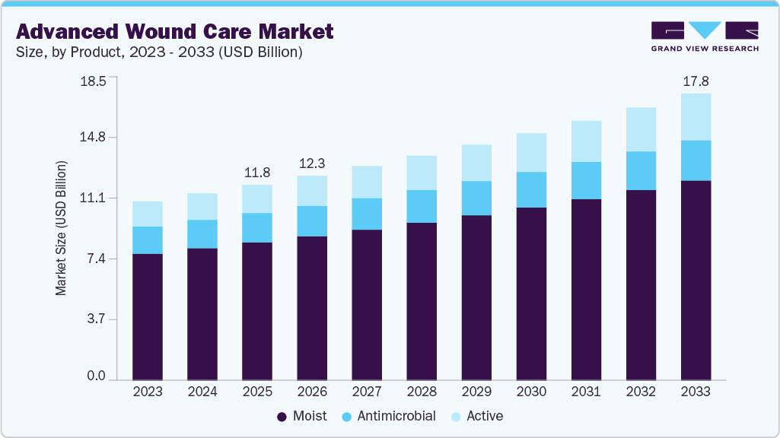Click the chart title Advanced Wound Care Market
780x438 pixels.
click(174, 31)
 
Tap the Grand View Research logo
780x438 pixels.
click(705, 36)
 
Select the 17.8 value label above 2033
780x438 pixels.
click(696, 81)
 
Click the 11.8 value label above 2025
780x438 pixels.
click(257, 173)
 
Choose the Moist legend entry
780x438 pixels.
click(302, 416)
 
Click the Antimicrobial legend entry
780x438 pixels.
click(389, 416)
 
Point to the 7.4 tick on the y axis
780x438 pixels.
click(96, 259)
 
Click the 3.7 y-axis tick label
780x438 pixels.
click(96, 319)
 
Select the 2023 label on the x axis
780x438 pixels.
click(148, 392)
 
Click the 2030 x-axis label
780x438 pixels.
click(531, 392)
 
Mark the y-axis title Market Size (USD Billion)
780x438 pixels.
click(61, 228)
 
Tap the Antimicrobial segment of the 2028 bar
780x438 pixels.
click(422, 206)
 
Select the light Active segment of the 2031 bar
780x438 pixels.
click(586, 141)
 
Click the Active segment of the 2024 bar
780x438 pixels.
click(202, 207)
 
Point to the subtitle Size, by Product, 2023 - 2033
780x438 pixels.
click(160, 52)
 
